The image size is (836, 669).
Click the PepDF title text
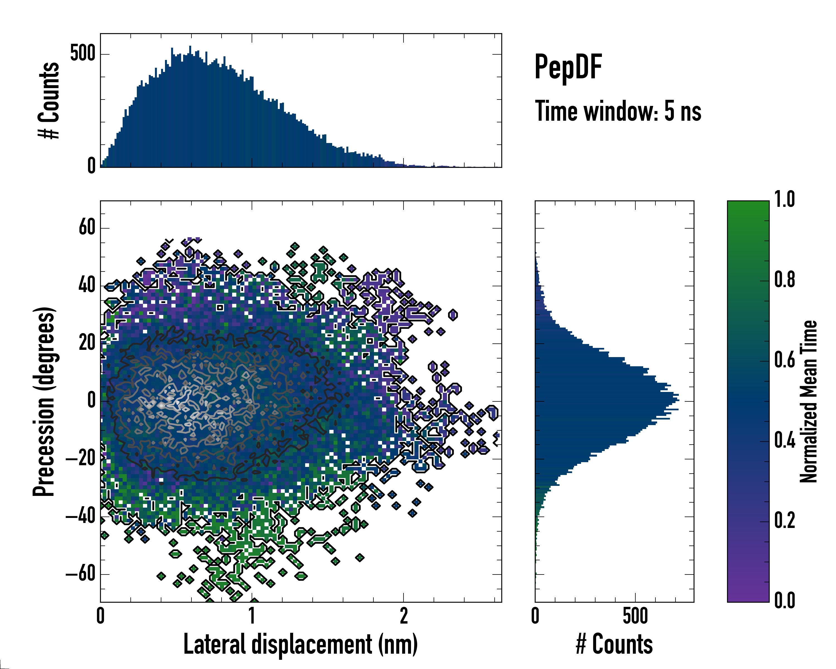(x=568, y=67)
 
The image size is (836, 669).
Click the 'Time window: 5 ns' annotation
(x=618, y=111)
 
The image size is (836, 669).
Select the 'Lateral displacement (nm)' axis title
(x=300, y=644)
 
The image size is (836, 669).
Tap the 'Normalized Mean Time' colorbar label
(x=808, y=401)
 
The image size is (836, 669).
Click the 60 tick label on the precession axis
(x=87, y=228)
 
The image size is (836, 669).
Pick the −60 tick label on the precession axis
(x=81, y=574)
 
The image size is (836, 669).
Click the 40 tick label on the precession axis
(x=87, y=285)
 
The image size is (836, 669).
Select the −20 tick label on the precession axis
(x=81, y=459)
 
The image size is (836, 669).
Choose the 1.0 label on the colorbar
(x=784, y=200)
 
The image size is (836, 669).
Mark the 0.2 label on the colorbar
(x=784, y=520)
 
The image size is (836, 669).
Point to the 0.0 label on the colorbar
(x=784, y=601)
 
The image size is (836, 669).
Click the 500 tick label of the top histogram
(x=82, y=54)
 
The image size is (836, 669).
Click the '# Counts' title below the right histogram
(x=614, y=644)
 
